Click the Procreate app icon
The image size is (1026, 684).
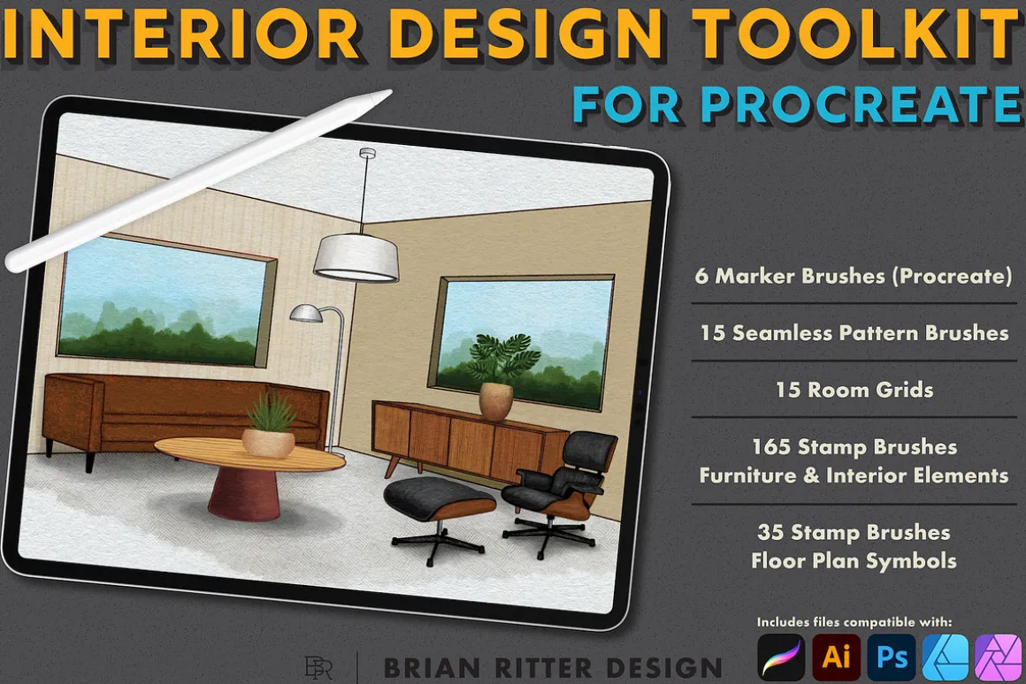781,657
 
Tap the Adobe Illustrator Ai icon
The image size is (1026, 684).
836,657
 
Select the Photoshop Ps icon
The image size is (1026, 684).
892,657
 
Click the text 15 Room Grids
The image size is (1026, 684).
854,390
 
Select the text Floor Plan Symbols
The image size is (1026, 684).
854,560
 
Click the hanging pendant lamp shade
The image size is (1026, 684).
356,258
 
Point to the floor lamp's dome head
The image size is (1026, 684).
306,313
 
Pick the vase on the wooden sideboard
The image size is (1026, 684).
495,400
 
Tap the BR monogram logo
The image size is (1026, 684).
318,667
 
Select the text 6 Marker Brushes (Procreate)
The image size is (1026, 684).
854,276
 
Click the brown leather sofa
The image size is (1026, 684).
183,412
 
